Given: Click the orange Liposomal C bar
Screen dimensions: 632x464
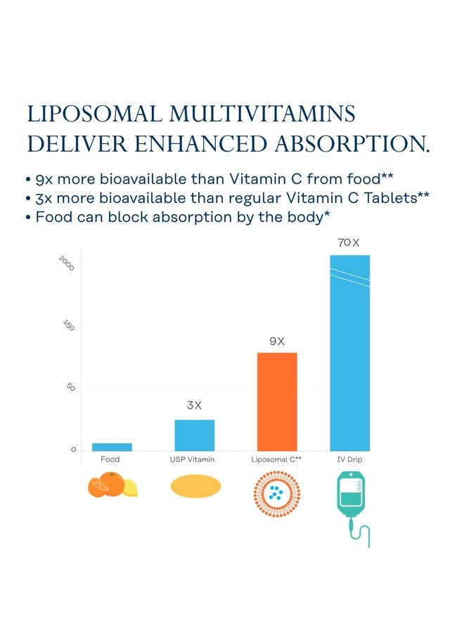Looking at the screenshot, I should tap(277, 402).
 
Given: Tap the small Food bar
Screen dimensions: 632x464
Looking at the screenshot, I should tap(112, 447).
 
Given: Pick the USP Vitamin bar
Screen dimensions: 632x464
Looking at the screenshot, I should tap(195, 435).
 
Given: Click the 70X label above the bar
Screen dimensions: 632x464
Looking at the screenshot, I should tap(349, 243).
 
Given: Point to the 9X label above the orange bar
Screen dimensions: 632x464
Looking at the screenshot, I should tap(277, 341).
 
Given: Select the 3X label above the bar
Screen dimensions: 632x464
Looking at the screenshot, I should tap(195, 406).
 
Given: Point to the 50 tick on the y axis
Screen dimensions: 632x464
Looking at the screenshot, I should tap(70, 388).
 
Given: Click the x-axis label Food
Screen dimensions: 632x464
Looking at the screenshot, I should tap(110, 459).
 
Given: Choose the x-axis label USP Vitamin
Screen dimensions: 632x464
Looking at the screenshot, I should tap(193, 459).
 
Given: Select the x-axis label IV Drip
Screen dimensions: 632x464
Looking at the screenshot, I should tap(349, 459).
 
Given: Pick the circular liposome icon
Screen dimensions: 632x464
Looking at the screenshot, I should tap(276, 494).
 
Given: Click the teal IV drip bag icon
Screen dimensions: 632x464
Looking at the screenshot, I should tap(349, 499).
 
